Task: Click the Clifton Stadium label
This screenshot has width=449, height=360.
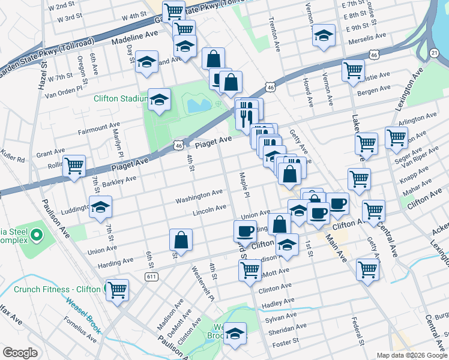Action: (120, 98)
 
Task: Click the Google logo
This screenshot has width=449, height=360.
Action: (20, 353)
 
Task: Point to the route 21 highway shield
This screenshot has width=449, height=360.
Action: (435, 53)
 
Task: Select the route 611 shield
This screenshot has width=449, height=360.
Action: (151, 275)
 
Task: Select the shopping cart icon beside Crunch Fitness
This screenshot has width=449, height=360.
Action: (117, 290)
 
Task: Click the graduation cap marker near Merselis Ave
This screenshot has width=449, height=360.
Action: (324, 35)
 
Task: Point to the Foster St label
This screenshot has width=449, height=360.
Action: (285, 344)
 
